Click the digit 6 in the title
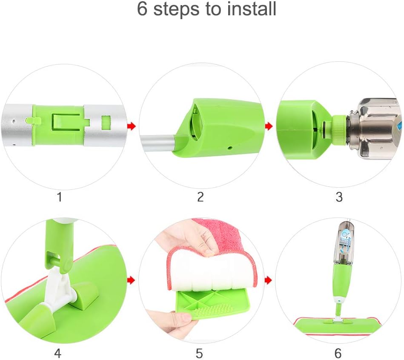tap(142, 9)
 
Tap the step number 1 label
tap(60, 197)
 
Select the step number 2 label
tap(200, 197)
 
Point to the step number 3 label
tap(339, 197)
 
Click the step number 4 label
tap(58, 353)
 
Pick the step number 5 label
tap(199, 353)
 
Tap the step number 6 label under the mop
tap(338, 353)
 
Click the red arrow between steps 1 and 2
tap(132, 126)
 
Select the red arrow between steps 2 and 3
tap(269, 126)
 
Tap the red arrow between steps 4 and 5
tap(132, 280)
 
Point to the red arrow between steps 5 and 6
tap(268, 280)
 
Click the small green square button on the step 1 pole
tap(106, 122)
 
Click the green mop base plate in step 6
tap(338, 326)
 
